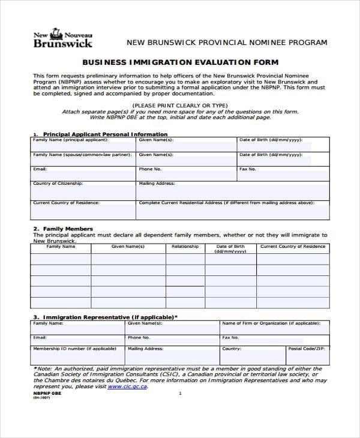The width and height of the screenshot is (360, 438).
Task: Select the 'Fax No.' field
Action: (283, 173)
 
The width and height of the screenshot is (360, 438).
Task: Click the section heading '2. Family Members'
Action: (63, 229)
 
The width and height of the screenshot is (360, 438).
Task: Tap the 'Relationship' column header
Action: (185, 247)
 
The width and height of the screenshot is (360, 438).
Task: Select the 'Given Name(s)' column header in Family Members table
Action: (128, 247)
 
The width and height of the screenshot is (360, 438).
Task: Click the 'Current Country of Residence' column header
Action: (293, 247)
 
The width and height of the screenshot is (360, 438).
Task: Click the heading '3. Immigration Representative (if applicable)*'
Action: (105, 316)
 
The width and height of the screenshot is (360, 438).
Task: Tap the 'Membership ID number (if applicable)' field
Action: (77, 353)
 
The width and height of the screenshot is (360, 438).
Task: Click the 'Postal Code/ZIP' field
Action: (307, 353)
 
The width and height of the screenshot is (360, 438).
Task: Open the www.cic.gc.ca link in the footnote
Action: (128, 387)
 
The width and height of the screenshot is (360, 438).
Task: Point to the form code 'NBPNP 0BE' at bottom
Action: (43, 393)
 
